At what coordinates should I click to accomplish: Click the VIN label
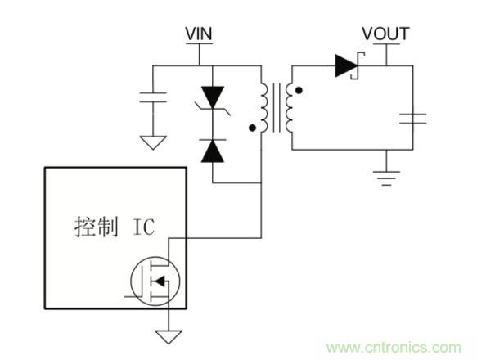point(198,34)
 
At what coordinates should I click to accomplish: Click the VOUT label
point(385,34)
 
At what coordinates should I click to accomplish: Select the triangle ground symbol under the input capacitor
point(151,141)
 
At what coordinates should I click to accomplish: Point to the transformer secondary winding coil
point(292,106)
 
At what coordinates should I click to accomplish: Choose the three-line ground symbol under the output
point(383,174)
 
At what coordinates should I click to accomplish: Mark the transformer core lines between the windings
point(278,106)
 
